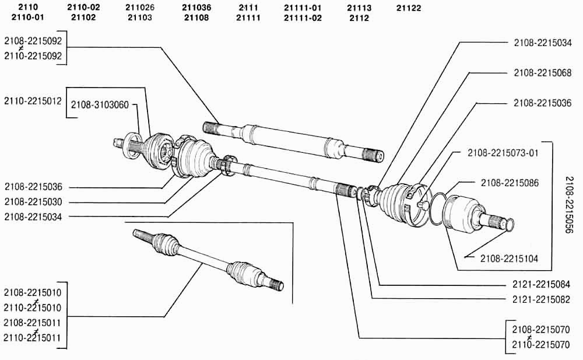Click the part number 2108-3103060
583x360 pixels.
(x=100, y=104)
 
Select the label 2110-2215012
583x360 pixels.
(x=33, y=101)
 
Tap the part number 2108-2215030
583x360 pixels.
(x=33, y=202)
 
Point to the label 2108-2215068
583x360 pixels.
(x=542, y=72)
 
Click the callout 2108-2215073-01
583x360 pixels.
(x=503, y=153)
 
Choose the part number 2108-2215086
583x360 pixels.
(x=510, y=183)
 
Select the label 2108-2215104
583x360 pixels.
(x=509, y=258)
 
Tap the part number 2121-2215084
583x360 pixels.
(x=541, y=284)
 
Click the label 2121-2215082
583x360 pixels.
(x=541, y=299)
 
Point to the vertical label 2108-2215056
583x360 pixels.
(x=569, y=205)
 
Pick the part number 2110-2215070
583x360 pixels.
(x=540, y=345)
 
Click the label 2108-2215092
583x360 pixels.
(x=33, y=41)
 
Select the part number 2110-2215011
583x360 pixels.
(x=32, y=338)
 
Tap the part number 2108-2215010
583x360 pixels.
(x=32, y=293)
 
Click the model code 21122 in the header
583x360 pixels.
(x=409, y=8)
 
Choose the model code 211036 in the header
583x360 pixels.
(x=196, y=8)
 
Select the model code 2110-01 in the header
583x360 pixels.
(x=27, y=17)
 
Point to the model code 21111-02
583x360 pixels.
(x=303, y=18)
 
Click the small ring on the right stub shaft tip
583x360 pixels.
(x=509, y=224)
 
